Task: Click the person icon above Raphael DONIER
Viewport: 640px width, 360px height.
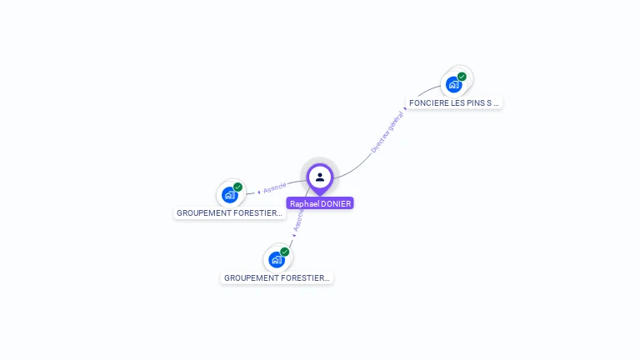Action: (320, 177)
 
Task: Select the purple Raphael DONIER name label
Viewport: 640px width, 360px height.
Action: (320, 203)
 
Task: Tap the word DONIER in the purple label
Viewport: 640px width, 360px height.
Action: (336, 203)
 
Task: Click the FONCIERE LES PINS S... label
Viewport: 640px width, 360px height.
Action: (454, 103)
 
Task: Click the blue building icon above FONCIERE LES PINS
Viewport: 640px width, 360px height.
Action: (453, 84)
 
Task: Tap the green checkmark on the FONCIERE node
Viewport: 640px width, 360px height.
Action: (462, 77)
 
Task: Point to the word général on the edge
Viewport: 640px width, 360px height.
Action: (396, 122)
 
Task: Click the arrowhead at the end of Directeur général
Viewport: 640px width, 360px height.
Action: (406, 108)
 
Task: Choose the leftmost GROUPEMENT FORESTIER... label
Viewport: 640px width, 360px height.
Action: (229, 213)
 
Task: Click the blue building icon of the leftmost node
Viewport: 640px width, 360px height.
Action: (229, 195)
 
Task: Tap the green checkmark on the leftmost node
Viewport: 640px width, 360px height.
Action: (237, 187)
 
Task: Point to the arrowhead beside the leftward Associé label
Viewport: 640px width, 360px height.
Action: (259, 192)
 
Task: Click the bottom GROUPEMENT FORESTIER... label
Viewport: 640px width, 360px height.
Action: (277, 278)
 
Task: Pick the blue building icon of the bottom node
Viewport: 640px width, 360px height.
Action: (276, 259)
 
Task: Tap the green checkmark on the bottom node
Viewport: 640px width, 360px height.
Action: (284, 252)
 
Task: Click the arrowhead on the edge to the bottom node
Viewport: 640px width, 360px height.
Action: (294, 236)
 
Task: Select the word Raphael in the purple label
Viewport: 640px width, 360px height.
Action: (304, 203)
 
